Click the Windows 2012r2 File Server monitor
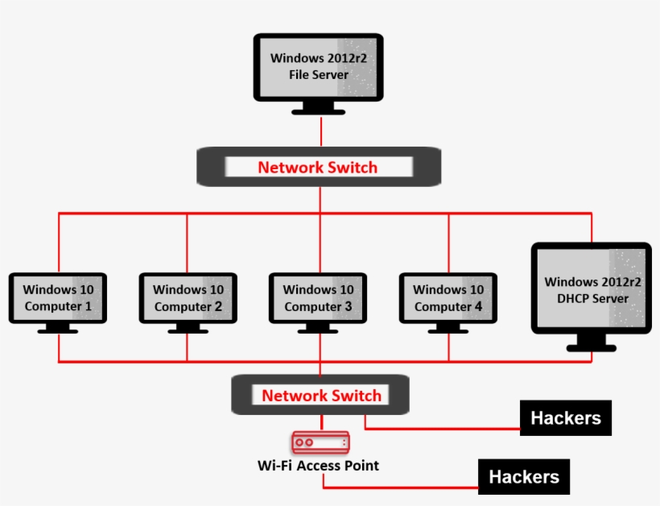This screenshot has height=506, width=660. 318,68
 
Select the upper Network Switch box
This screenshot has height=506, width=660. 318,168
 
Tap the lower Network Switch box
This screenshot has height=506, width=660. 320,396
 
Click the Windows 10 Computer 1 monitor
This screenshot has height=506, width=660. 58,298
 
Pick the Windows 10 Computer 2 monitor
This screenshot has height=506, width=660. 188,298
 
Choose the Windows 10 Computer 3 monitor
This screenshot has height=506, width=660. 318,298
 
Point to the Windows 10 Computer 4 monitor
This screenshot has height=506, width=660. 448,298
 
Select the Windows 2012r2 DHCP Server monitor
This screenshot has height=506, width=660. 592,290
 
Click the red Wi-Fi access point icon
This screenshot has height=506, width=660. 320,442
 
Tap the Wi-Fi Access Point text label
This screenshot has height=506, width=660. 318,465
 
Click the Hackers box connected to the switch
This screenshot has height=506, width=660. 565,418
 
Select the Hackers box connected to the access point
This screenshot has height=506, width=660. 524,477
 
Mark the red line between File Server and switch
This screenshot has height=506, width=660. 320,131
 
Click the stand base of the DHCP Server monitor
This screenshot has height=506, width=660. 592,347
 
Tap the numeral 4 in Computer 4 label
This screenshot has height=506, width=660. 479,307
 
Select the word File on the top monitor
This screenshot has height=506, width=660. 302,75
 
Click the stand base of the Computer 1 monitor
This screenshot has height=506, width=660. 58,330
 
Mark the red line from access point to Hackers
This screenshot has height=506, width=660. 402,487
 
